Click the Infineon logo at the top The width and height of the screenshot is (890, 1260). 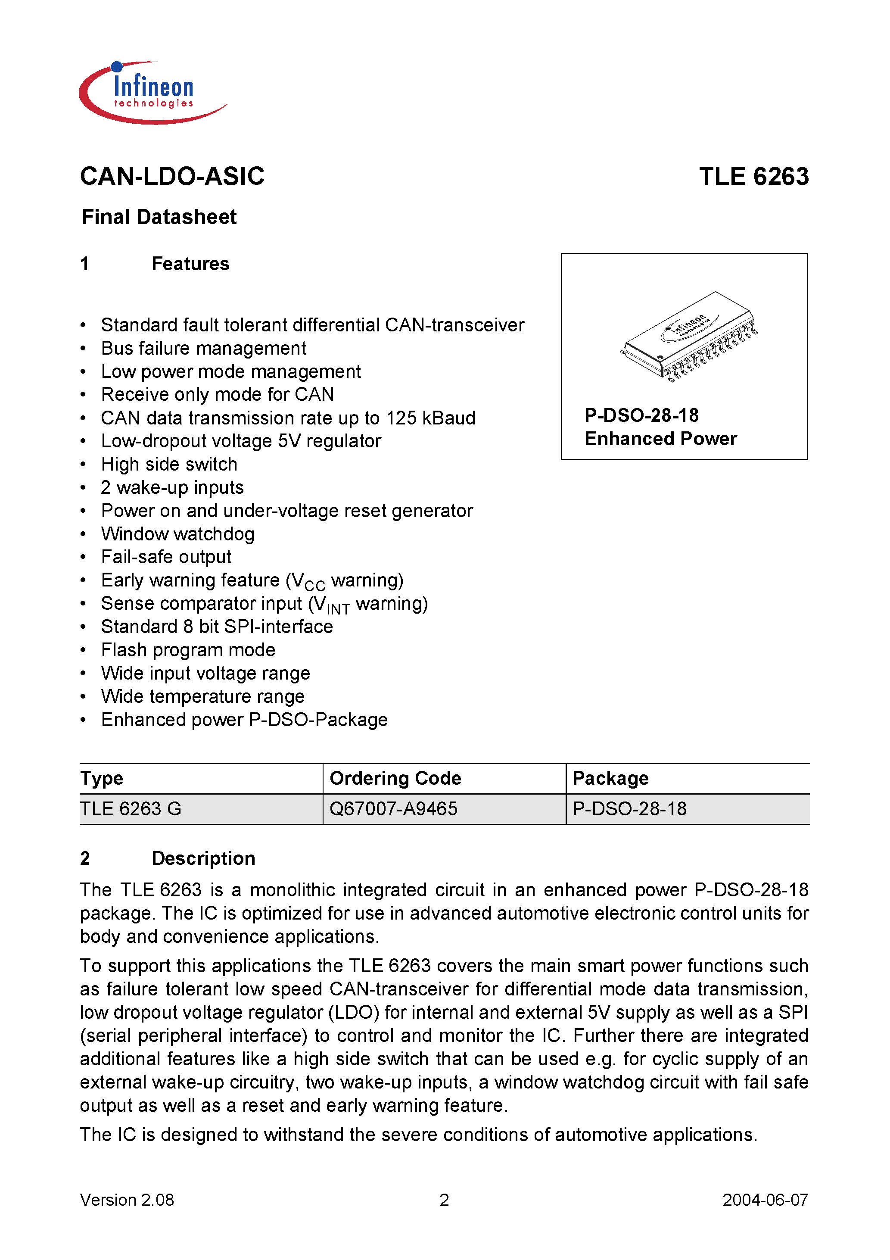152,92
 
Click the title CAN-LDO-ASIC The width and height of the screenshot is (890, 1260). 172,177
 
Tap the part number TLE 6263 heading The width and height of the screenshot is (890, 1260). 753,177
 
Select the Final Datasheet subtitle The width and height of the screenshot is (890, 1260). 159,217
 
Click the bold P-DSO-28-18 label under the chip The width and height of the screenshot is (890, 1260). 641,415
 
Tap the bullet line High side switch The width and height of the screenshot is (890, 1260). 169,464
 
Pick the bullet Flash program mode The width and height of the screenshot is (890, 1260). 188,650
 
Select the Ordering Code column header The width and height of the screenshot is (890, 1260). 395,778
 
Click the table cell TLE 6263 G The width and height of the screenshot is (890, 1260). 131,809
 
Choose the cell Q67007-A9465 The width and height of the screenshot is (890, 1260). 393,809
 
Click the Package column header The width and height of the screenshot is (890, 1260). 610,778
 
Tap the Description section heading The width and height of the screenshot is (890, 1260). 203,858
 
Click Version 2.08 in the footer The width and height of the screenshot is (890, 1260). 127,1200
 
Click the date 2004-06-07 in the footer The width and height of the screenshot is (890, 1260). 765,1200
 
